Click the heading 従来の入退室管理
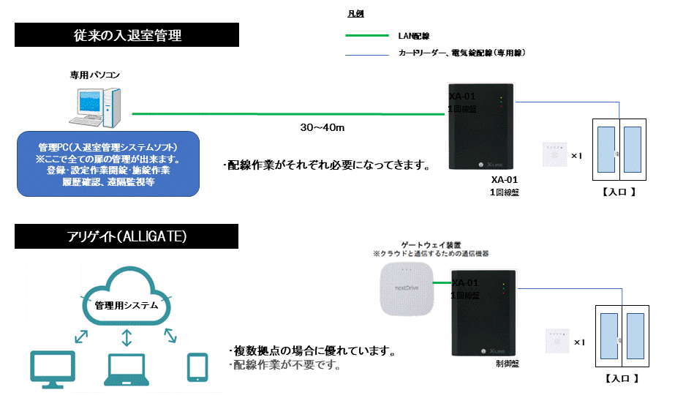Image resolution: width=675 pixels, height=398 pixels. (127, 34)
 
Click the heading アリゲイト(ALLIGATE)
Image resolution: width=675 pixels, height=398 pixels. (127, 236)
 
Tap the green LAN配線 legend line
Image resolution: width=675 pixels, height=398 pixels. (366, 35)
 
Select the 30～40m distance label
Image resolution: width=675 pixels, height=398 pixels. (323, 127)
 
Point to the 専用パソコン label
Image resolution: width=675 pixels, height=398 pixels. (95, 75)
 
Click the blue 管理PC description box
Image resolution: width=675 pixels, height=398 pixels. (108, 164)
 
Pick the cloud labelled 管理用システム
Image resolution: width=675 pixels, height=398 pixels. (127, 298)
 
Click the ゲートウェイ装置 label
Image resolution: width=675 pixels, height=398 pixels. (430, 244)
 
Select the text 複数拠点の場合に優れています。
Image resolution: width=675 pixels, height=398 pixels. (312, 350)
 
